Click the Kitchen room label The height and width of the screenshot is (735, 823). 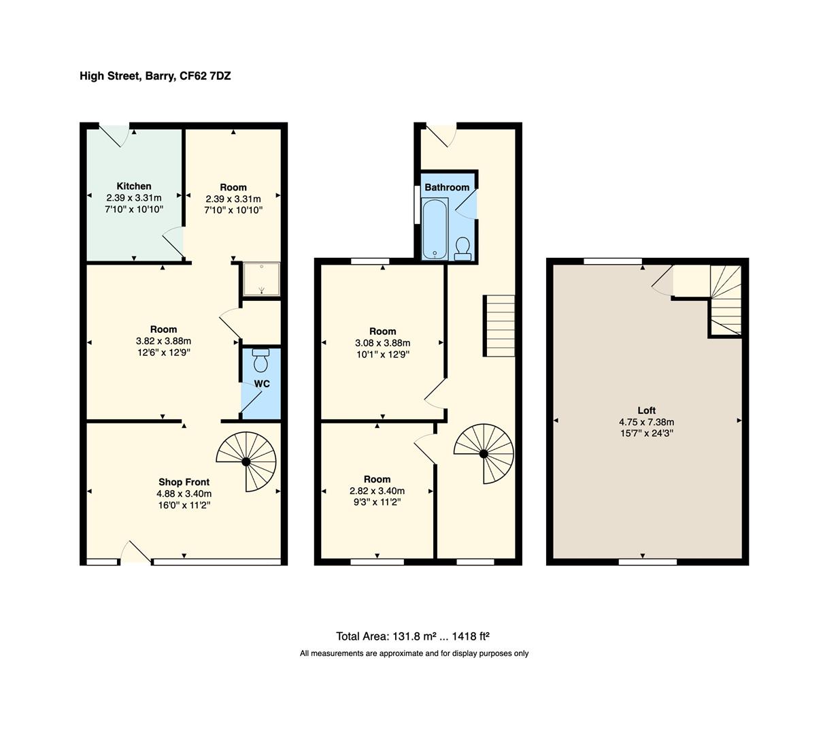pyautogui.click(x=134, y=186)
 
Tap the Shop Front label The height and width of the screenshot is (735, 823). pyautogui.click(x=184, y=482)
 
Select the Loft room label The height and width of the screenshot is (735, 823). pyautogui.click(x=646, y=410)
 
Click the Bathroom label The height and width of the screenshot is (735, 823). pyautogui.click(x=447, y=187)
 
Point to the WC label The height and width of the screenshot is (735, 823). pyautogui.click(x=262, y=384)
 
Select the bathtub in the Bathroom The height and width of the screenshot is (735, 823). pyautogui.click(x=434, y=229)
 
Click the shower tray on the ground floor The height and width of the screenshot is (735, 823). pyautogui.click(x=262, y=279)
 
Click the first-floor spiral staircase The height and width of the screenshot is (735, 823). pyautogui.click(x=484, y=453)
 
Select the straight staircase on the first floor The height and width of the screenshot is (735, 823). pyautogui.click(x=500, y=325)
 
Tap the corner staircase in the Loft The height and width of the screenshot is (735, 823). pyautogui.click(x=726, y=299)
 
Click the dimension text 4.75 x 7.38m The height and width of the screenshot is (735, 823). pyautogui.click(x=646, y=421)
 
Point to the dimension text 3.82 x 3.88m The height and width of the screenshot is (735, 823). pyautogui.click(x=163, y=341)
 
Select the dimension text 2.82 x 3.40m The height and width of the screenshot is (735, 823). pyautogui.click(x=377, y=491)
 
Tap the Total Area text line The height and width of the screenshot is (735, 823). pyautogui.click(x=413, y=636)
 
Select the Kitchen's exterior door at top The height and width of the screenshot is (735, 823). pyautogui.click(x=115, y=134)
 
